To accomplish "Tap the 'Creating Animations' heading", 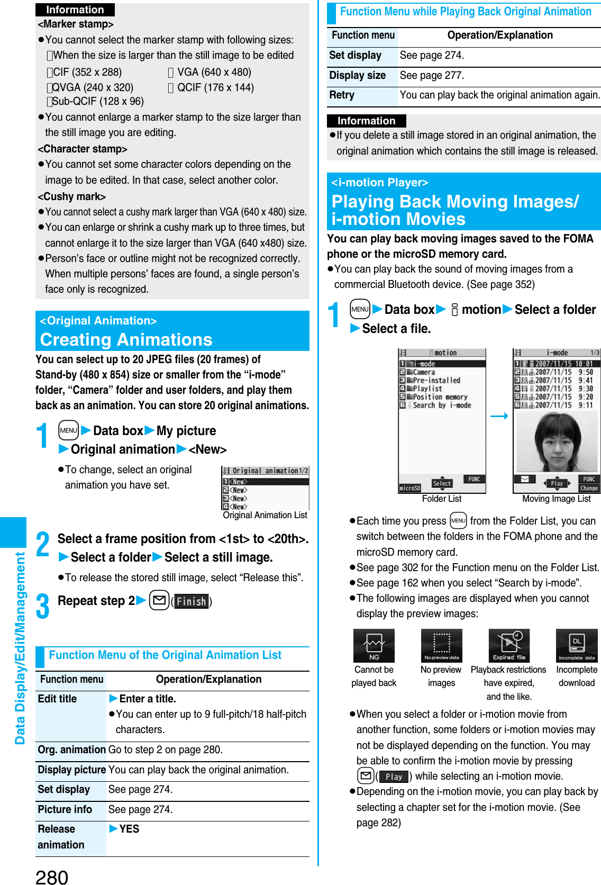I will pyautogui.click(x=126, y=339).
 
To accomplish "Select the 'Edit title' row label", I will pyautogui.click(x=58, y=699).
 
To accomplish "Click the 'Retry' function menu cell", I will pyautogui.click(x=342, y=95).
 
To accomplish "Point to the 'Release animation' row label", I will pyautogui.click(x=61, y=837).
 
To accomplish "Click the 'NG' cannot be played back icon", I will pyautogui.click(x=374, y=645).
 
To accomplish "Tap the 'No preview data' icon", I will pyautogui.click(x=441, y=645).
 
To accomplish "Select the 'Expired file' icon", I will pyautogui.click(x=509, y=645).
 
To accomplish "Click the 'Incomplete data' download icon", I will pyautogui.click(x=577, y=645).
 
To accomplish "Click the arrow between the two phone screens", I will pyautogui.click(x=499, y=417).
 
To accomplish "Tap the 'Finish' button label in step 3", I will pyautogui.click(x=191, y=601).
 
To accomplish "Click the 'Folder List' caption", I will pyautogui.click(x=441, y=499).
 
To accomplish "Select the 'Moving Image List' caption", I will pyautogui.click(x=556, y=499).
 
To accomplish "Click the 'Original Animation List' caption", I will pyautogui.click(x=265, y=515).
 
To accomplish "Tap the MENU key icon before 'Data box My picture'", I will pyautogui.click(x=68, y=430).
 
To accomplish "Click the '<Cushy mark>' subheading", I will pyautogui.click(x=71, y=196).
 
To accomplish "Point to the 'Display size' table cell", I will pyautogui.click(x=358, y=76).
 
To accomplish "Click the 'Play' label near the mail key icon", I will pyautogui.click(x=394, y=776).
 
